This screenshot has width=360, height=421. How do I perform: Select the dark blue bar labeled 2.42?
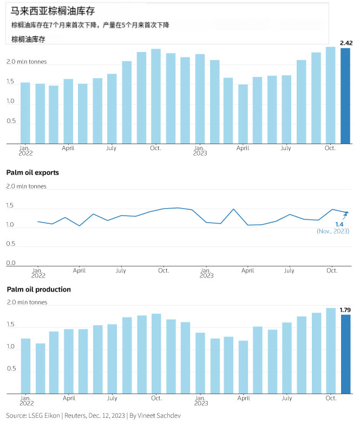click(x=345, y=96)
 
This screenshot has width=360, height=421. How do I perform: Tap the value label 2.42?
click(x=346, y=43)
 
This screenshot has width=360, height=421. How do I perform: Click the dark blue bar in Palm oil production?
click(x=345, y=354)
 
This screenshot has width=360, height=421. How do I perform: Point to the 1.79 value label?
click(x=345, y=310)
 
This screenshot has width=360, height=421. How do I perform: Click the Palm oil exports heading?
click(x=32, y=173)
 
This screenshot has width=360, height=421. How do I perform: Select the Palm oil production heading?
click(x=38, y=289)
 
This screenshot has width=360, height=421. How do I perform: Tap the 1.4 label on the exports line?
click(x=340, y=224)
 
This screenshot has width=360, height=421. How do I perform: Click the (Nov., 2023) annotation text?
click(x=333, y=231)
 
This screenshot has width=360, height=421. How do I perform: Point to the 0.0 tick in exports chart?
click(x=11, y=263)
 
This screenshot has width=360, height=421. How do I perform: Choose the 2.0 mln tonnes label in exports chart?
click(x=26, y=186)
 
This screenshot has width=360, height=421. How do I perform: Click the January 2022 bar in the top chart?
click(x=25, y=113)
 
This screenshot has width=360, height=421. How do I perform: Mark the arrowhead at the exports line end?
click(x=346, y=213)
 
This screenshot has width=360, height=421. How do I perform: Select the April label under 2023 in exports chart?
click(x=247, y=270)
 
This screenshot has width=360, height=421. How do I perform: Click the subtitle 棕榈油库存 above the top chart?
click(x=28, y=39)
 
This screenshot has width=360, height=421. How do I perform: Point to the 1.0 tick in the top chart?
click(x=11, y=101)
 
